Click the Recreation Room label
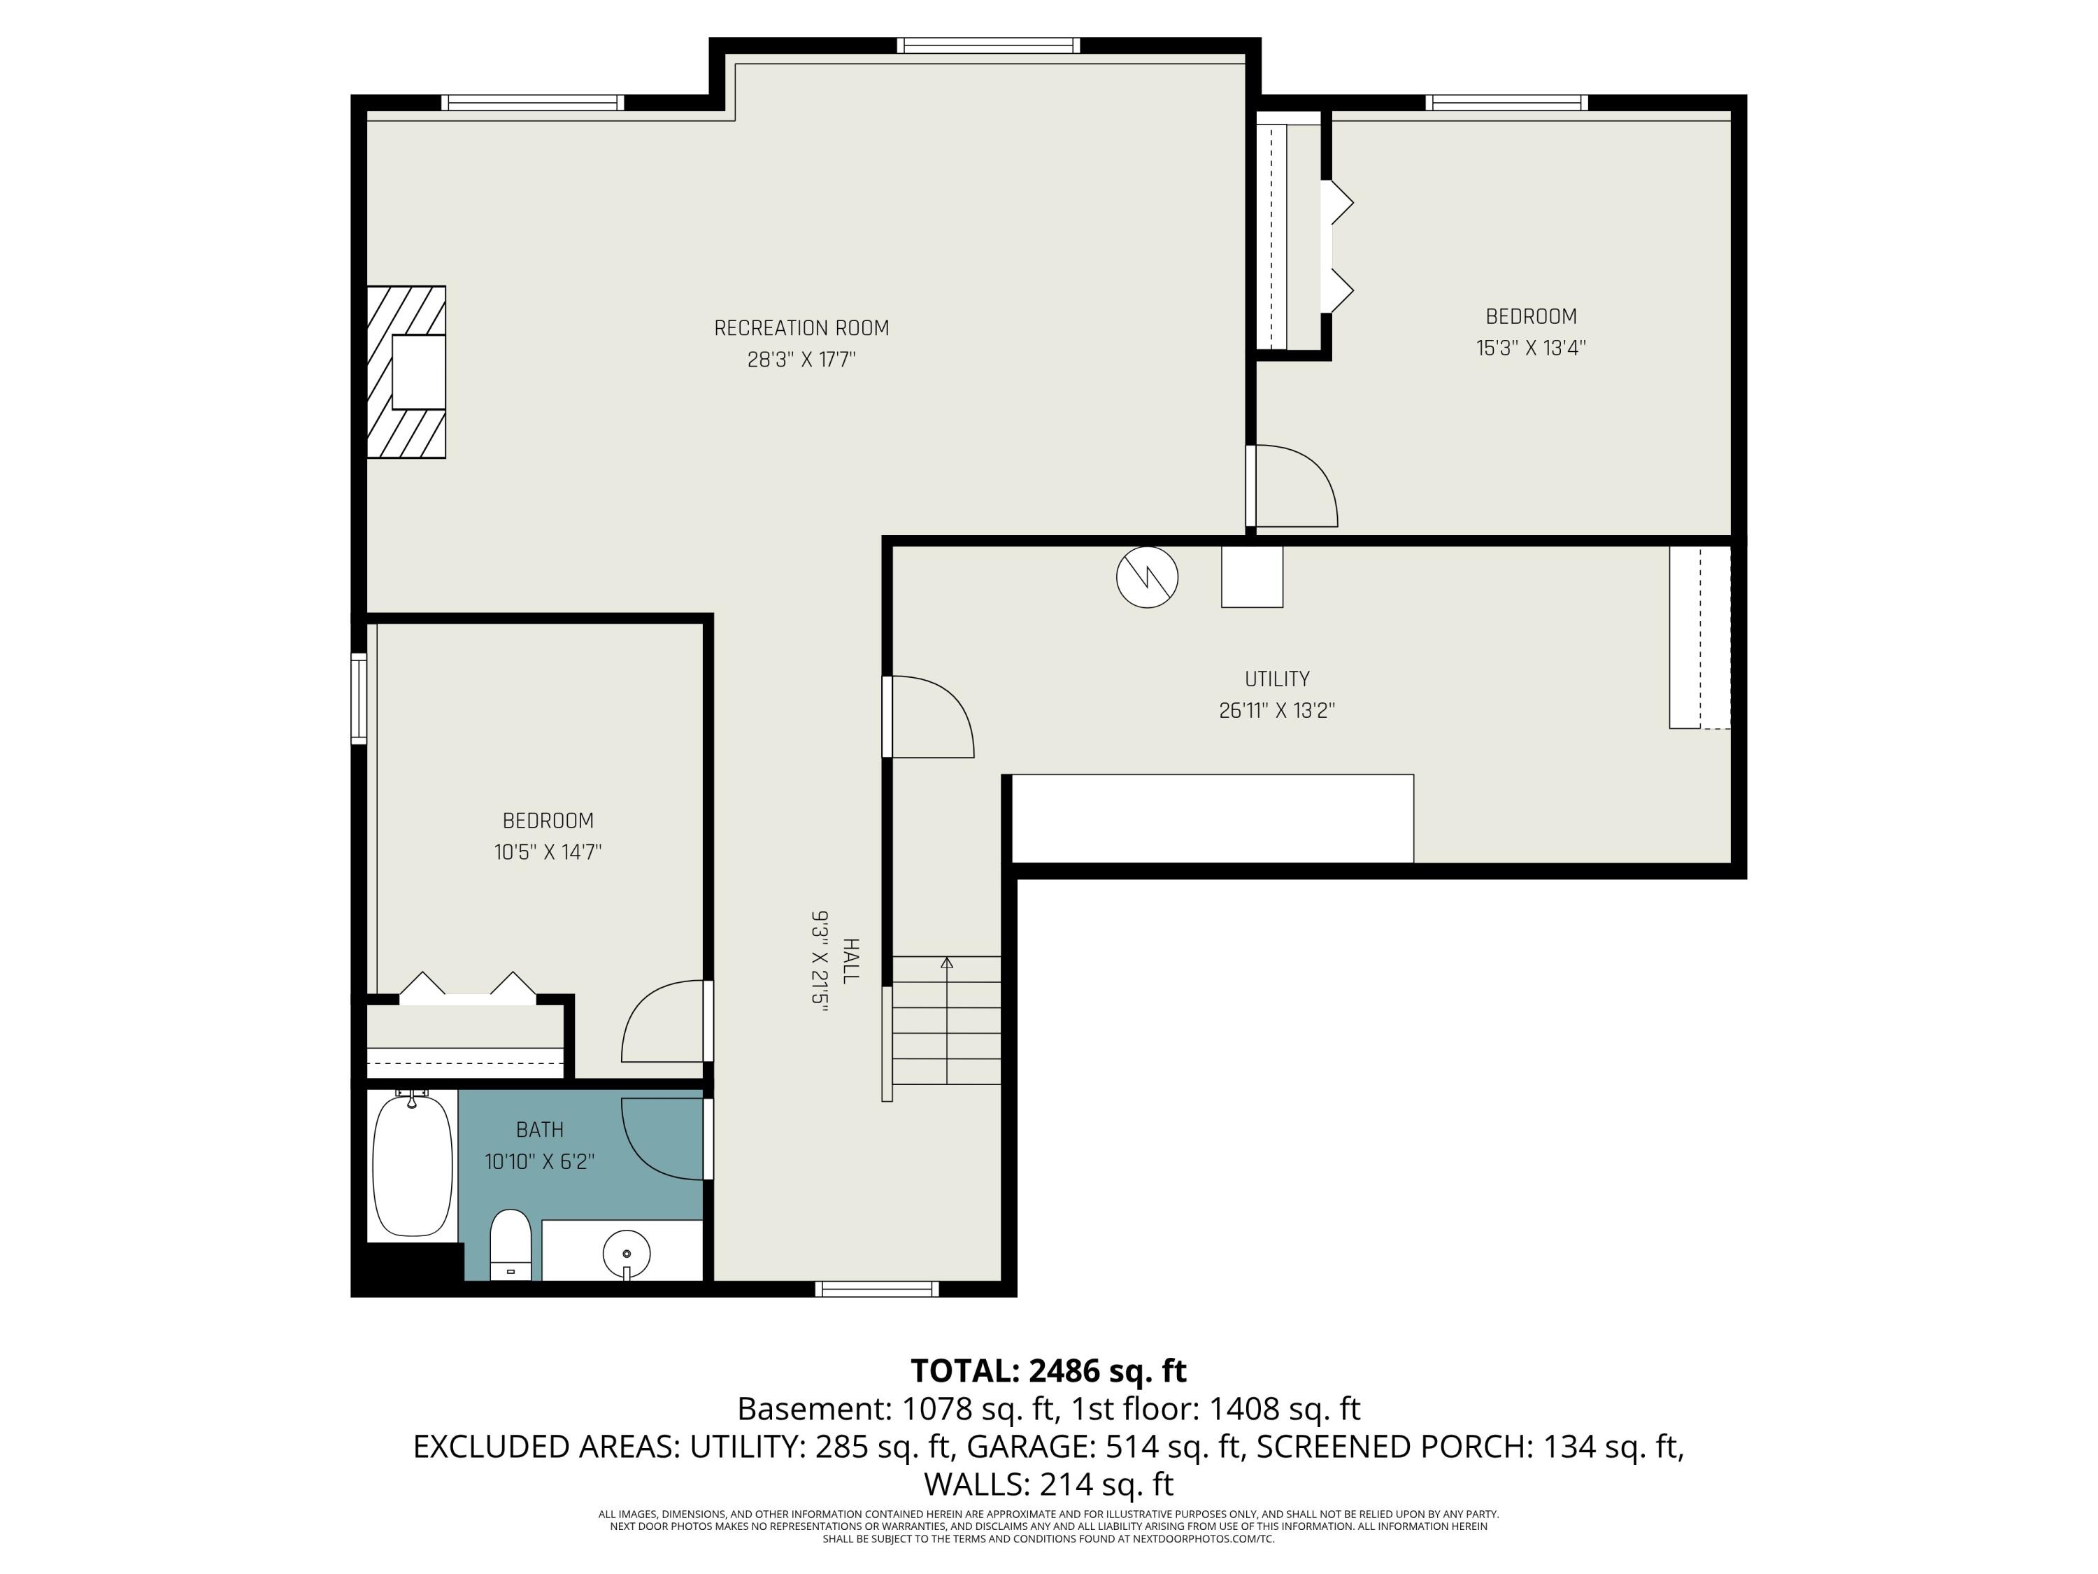point(801,328)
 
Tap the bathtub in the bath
point(412,1165)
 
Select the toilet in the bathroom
point(511,1243)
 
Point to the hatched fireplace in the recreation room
point(406,372)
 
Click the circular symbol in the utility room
point(1147,577)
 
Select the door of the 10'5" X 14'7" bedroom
point(664,1023)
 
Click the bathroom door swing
point(664,1138)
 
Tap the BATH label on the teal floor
point(540,1130)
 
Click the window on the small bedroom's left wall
point(359,697)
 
